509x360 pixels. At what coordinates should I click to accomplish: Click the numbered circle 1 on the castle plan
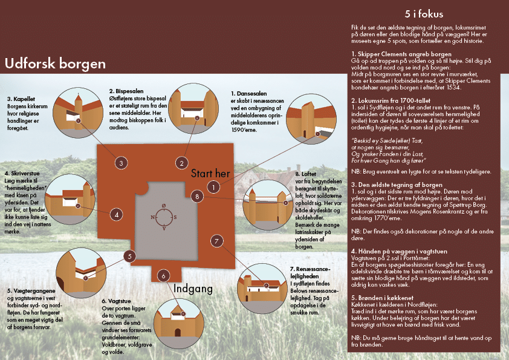click(x=213, y=187)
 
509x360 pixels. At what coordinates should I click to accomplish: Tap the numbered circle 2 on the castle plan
click(x=181, y=163)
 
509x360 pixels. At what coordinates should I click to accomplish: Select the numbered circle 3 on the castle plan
click(x=121, y=163)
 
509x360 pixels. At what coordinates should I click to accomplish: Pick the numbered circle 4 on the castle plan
click(x=117, y=214)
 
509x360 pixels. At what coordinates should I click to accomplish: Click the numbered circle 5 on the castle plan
click(x=129, y=257)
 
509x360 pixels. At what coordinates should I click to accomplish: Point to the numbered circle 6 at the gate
click(x=163, y=276)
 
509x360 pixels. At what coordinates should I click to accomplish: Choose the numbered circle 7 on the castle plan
click(x=216, y=241)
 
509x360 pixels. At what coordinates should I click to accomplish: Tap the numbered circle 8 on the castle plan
click(x=197, y=196)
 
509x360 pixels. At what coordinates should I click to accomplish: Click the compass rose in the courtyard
click(x=164, y=217)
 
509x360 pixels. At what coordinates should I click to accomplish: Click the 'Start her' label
click(x=210, y=174)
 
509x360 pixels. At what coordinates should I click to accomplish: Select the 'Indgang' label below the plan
click(x=193, y=289)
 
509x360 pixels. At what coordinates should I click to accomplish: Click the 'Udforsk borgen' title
click(x=55, y=64)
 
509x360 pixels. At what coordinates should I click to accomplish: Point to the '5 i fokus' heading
click(x=424, y=14)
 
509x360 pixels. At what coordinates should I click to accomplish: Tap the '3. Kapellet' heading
click(x=21, y=99)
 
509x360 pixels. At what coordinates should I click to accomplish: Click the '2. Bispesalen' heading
click(x=126, y=91)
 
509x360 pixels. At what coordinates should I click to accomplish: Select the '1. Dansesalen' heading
click(x=248, y=94)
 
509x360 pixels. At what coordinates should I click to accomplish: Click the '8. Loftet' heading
click(x=306, y=174)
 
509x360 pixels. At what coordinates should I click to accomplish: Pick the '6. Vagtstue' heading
click(x=116, y=301)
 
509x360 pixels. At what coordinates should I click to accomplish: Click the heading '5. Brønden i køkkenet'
click(x=383, y=298)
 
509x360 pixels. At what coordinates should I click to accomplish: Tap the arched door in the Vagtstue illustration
click(x=178, y=333)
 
